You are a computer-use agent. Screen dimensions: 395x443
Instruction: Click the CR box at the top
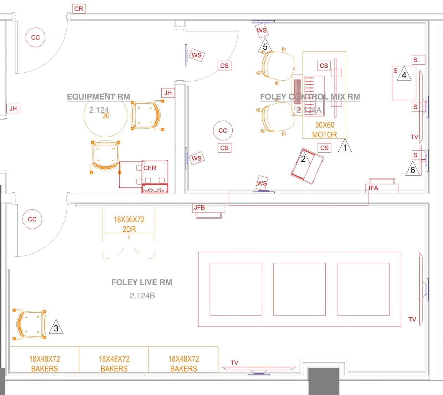[x=79, y=9]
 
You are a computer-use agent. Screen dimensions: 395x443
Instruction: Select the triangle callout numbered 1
[x=345, y=147]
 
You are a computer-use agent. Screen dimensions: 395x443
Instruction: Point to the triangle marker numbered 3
[x=56, y=328]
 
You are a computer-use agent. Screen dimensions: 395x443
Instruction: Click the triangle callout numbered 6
[x=413, y=170]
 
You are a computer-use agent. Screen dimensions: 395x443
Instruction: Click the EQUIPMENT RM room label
[x=98, y=97]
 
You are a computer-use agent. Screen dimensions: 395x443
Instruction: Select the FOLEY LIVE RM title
[x=142, y=282]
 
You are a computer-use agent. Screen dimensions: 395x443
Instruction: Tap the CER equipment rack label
[x=150, y=168]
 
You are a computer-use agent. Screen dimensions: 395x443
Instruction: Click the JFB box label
[x=199, y=208]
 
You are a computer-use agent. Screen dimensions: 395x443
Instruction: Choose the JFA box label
[x=373, y=188]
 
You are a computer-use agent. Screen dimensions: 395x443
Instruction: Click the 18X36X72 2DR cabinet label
[x=129, y=224]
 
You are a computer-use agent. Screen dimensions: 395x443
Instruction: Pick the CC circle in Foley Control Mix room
[x=223, y=131]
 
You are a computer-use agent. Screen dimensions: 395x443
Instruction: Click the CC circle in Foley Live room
[x=32, y=219]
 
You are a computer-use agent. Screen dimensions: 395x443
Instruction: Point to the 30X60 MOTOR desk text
[x=324, y=130]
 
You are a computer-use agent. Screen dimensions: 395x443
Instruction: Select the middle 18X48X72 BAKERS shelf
[x=114, y=363]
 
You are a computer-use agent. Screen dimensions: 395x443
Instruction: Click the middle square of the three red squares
[x=299, y=289]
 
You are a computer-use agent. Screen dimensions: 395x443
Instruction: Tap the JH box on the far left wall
[x=13, y=108]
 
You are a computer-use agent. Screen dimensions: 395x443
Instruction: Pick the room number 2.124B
[x=142, y=295]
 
